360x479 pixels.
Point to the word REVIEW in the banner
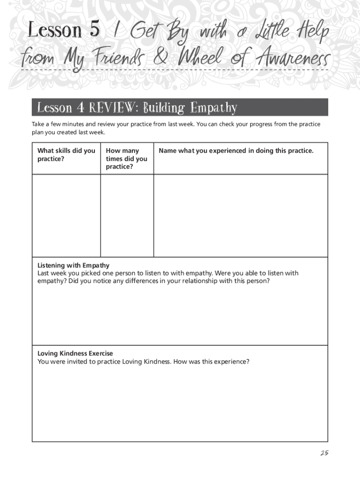114,108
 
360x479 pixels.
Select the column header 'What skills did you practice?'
66,154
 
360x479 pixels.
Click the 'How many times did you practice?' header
126,159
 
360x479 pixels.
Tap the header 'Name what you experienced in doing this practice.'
236,151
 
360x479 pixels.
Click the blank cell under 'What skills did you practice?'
66,216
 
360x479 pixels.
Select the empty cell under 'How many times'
127,216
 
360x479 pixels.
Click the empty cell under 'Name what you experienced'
240,216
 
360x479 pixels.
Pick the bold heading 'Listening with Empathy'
73,265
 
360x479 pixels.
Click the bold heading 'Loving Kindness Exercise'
75,354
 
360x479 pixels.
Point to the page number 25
324,453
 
